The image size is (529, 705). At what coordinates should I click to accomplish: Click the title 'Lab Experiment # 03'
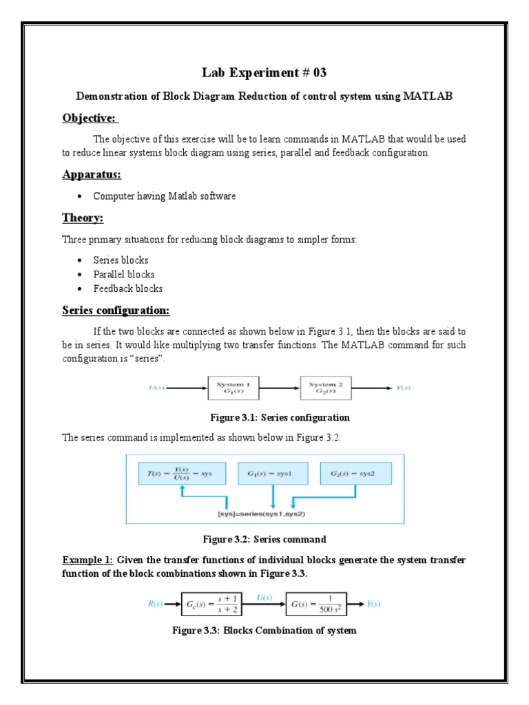pos(264,74)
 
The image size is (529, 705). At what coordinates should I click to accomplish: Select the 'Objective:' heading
pos(90,119)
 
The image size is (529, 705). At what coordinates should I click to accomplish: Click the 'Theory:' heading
pos(83,218)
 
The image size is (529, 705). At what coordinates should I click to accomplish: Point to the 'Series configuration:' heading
pos(116,310)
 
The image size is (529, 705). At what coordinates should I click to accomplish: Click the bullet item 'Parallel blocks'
pos(124,275)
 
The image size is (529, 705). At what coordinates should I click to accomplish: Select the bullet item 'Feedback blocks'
pos(128,288)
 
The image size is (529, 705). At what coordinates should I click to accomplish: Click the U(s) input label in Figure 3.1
pos(156,388)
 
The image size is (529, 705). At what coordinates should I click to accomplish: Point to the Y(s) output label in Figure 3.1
pos(403,388)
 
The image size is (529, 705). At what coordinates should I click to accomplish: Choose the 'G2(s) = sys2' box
pos(356,474)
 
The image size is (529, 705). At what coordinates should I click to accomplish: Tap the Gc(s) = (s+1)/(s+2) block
pos(215,604)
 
